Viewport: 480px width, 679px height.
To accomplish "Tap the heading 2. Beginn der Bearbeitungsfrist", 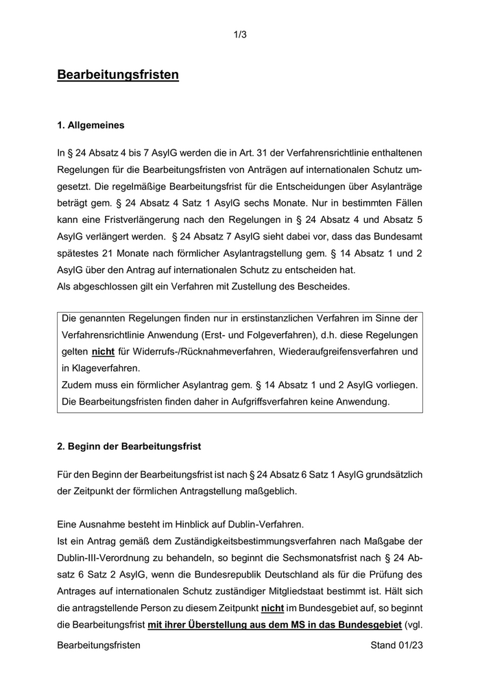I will pyautogui.click(x=129, y=446).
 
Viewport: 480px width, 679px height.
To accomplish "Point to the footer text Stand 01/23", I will pyautogui.click(x=396, y=645).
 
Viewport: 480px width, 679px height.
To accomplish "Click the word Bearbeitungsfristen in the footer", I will pyautogui.click(x=99, y=645).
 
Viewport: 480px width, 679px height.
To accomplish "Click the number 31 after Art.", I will pyautogui.click(x=245, y=151).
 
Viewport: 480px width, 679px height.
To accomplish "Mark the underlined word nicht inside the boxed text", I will pyautogui.click(x=102, y=352).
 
